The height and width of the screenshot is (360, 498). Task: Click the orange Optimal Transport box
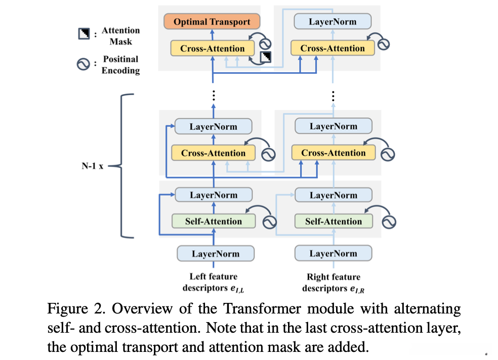[x=212, y=22]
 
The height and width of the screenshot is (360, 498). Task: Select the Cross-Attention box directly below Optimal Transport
[x=212, y=49]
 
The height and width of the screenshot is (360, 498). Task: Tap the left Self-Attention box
[x=213, y=221]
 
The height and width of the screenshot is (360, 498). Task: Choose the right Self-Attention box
[x=333, y=221]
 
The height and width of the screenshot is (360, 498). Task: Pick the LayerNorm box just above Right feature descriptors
[x=333, y=254]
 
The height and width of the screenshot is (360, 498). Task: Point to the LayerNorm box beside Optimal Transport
[x=333, y=22]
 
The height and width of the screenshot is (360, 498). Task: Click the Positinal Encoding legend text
[x=120, y=65]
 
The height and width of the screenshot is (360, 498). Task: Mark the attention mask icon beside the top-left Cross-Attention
[x=265, y=57]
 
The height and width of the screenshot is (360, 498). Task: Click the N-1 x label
[x=93, y=165]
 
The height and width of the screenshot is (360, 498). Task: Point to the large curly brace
[x=123, y=165]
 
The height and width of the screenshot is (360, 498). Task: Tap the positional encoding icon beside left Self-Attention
[x=268, y=221]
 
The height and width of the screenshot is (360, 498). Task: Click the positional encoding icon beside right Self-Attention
[x=389, y=221]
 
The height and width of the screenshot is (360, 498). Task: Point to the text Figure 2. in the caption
[x=69, y=309]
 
